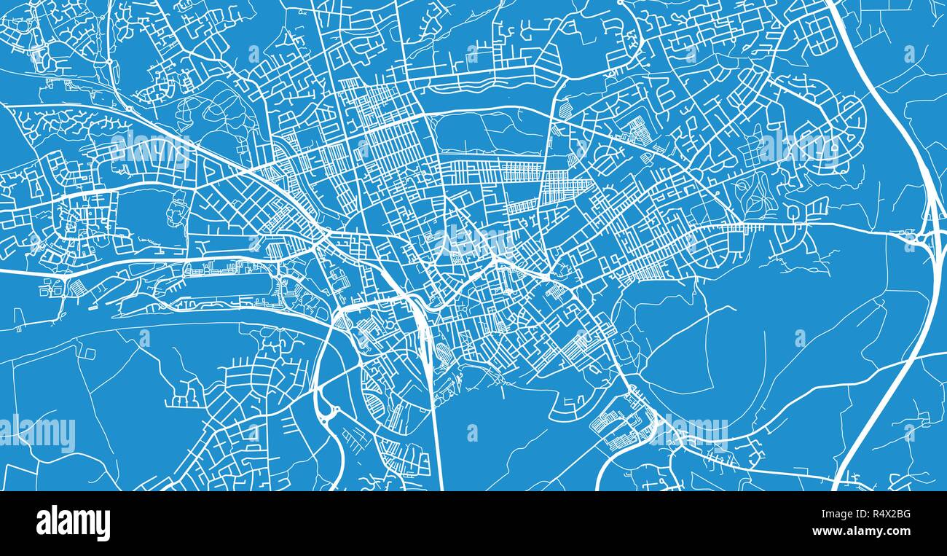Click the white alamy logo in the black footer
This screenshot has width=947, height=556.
click(x=73, y=523)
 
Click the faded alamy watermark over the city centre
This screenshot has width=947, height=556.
click(x=473, y=240)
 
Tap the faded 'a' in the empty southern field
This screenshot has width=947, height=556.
click(x=472, y=432)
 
